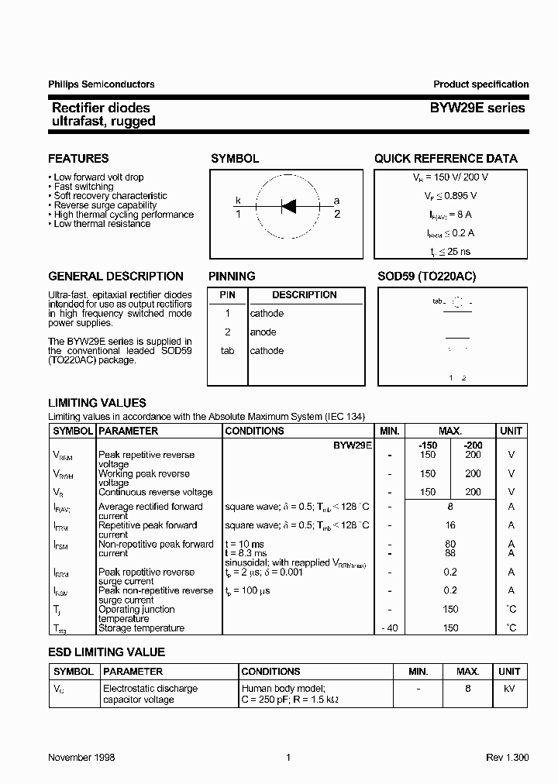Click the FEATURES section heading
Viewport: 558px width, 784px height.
coord(78,159)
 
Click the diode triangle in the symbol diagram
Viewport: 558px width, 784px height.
coord(288,206)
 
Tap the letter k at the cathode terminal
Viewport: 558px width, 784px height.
coord(239,201)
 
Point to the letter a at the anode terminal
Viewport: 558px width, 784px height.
coord(336,201)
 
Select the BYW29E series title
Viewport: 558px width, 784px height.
coord(477,108)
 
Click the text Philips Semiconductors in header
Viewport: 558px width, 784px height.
coord(101,84)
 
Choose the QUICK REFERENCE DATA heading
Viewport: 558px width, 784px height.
coord(446,159)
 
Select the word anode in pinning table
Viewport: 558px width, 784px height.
coord(263,332)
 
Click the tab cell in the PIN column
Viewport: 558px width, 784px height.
coord(227,351)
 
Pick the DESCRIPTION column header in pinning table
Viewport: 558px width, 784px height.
coord(304,295)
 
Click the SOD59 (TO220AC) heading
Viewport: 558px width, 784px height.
coord(426,277)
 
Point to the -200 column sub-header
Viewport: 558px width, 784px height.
coord(472,445)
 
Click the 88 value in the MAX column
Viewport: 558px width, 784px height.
coord(450,553)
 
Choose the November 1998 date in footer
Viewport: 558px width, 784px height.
coord(81,758)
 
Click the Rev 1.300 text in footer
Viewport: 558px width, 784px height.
coord(507,758)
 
